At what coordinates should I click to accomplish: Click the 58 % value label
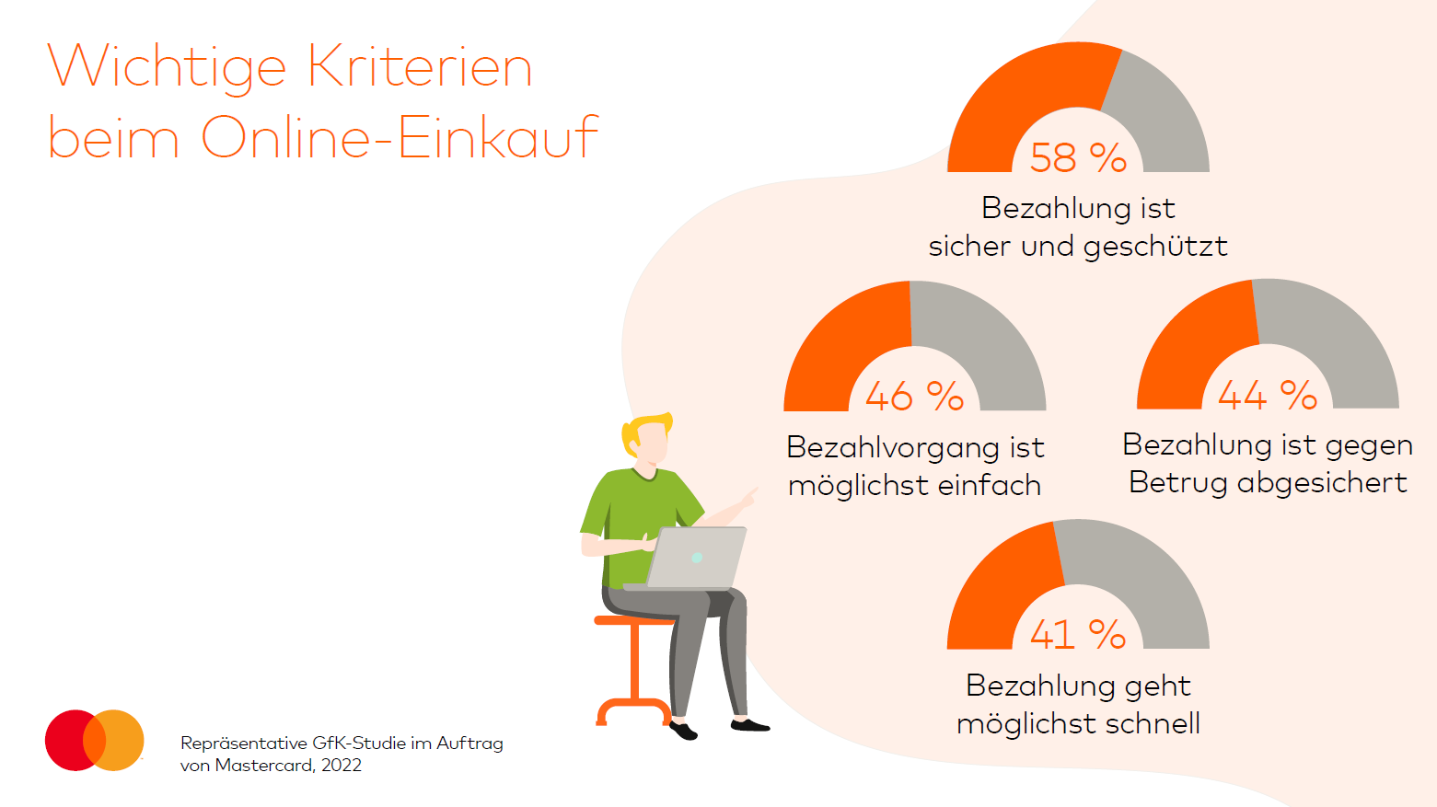pyautogui.click(x=1078, y=158)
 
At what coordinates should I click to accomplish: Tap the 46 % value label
pyautogui.click(x=914, y=397)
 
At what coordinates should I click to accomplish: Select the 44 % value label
pyautogui.click(x=1267, y=396)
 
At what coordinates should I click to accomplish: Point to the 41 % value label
pyautogui.click(x=1078, y=635)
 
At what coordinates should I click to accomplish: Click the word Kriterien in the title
pyautogui.click(x=420, y=67)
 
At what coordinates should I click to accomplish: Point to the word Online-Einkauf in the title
pyautogui.click(x=400, y=138)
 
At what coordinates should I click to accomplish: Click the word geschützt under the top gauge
pyautogui.click(x=1155, y=247)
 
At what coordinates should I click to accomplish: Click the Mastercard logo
pyautogui.click(x=95, y=740)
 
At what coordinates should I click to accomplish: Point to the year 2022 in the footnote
pyautogui.click(x=341, y=766)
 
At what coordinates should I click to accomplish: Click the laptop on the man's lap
pyautogui.click(x=696, y=558)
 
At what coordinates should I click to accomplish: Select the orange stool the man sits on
pyautogui.click(x=634, y=667)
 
